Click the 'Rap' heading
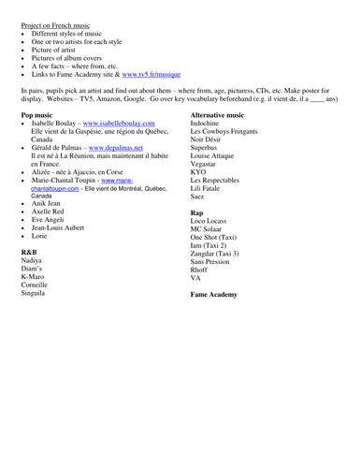coord(197,212)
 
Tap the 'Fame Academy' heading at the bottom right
coord(214,294)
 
